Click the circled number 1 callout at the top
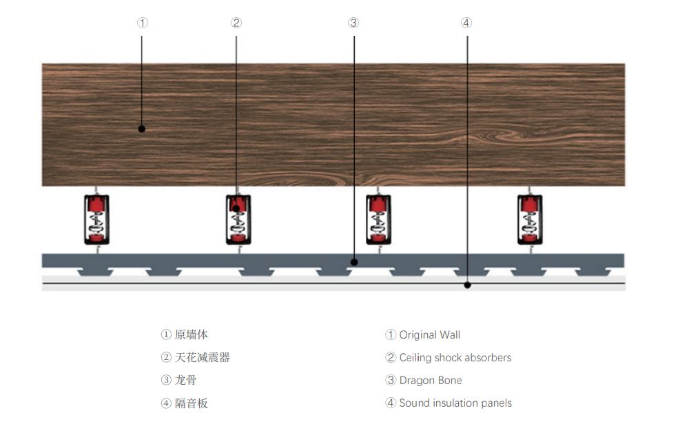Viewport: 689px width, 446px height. (143, 23)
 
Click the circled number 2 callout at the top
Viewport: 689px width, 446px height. (236, 23)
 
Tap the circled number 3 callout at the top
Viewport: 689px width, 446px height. (353, 23)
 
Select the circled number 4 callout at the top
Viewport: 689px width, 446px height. (466, 23)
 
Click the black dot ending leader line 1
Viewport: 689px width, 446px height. (141, 129)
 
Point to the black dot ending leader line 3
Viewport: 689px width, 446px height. (354, 262)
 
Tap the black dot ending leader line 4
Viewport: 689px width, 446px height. (468, 286)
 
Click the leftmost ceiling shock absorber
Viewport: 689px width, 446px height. (96, 220)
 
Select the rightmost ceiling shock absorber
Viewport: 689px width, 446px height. (530, 220)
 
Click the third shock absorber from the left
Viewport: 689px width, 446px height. (378, 220)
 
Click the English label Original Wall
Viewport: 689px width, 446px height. (429, 335)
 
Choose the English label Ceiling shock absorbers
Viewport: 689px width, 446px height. (455, 358)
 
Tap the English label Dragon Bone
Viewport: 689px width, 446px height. (431, 381)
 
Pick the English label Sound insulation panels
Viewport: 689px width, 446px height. (455, 403)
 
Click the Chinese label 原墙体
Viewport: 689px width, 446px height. (191, 334)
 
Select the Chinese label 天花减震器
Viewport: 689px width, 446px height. (202, 357)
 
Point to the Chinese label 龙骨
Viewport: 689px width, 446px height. (185, 380)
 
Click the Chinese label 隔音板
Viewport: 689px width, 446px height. (191, 403)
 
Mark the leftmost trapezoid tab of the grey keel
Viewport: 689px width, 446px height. (95, 272)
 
